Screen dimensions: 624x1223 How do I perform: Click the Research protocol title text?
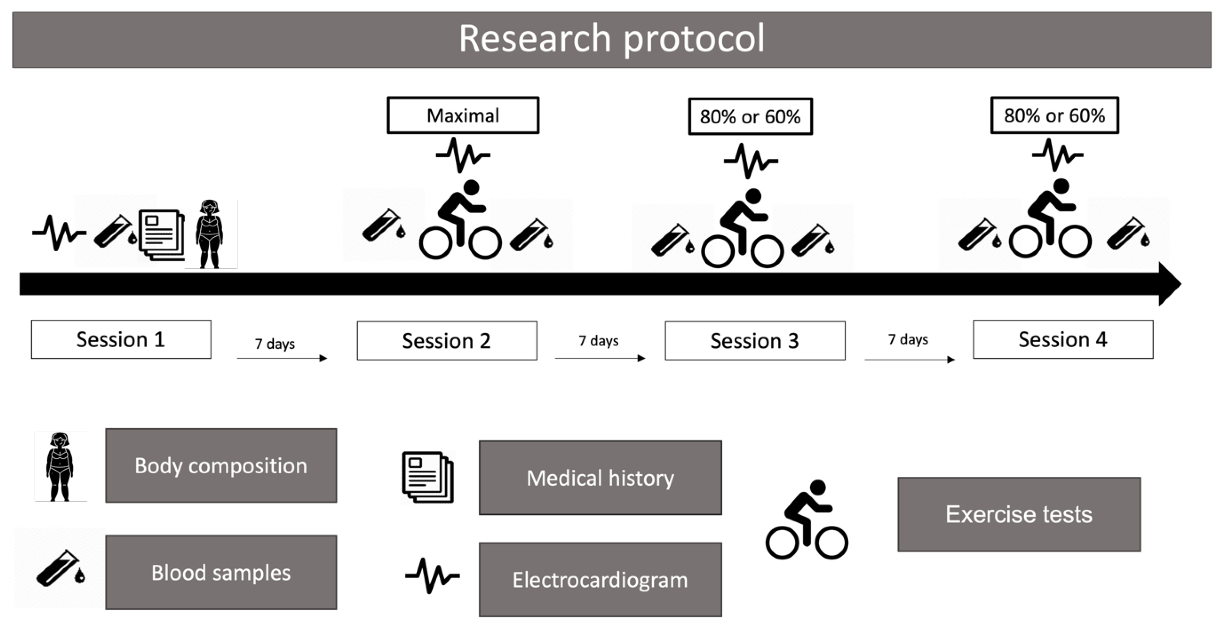611,39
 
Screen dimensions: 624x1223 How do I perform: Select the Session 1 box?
121,339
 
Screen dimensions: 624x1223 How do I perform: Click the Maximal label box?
463,115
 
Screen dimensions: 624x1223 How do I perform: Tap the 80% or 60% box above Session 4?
1055,115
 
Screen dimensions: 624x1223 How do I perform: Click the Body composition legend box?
221,465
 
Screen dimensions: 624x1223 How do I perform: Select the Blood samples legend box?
221,572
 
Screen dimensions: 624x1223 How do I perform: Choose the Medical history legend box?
600,478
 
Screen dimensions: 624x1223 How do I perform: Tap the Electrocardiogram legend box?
600,579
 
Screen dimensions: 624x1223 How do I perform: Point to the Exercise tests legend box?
1019,514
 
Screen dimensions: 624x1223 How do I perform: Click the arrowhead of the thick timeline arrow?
1169,284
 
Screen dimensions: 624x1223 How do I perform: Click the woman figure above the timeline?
210,234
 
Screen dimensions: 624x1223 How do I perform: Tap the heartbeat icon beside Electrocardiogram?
432,575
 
